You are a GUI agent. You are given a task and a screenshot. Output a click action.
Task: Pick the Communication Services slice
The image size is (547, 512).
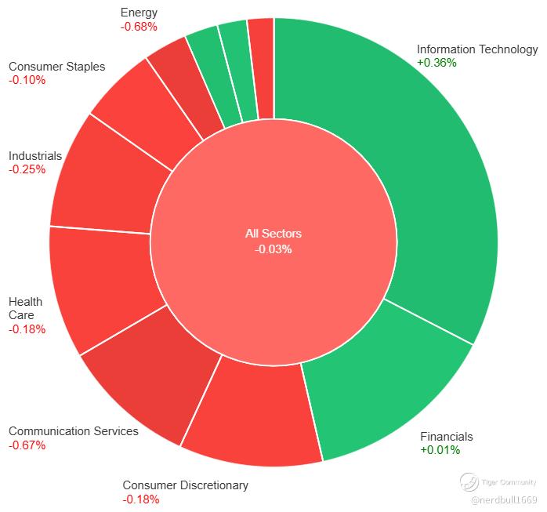pyautogui.click(x=145, y=384)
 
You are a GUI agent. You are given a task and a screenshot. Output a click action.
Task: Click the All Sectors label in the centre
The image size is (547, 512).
pyautogui.click(x=273, y=234)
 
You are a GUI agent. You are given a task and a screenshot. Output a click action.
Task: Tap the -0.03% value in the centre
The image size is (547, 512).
pyautogui.click(x=273, y=249)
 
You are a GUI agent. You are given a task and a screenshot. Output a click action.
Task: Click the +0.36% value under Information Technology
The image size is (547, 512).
pyautogui.click(x=437, y=63)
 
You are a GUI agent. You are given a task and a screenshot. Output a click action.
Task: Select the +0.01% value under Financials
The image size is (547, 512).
pyautogui.click(x=440, y=450)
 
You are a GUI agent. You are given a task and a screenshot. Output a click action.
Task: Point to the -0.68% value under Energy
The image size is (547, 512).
pyautogui.click(x=139, y=26)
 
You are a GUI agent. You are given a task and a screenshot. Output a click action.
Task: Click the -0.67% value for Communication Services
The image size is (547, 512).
pyautogui.click(x=27, y=445)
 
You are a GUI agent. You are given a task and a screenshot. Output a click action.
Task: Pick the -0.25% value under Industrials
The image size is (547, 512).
pyautogui.click(x=27, y=169)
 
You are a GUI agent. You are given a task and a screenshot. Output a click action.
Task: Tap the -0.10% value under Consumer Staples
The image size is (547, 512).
pyautogui.click(x=27, y=80)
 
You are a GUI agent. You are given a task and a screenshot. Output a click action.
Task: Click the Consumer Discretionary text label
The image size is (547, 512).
pyautogui.click(x=185, y=485)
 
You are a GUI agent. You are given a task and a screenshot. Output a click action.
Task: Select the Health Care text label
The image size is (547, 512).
pyautogui.click(x=26, y=308)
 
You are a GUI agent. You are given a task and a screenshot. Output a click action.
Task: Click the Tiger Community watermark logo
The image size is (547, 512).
pyautogui.click(x=470, y=482)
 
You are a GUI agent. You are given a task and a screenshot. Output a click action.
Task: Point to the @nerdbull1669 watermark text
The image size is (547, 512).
pyautogui.click(x=504, y=499)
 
